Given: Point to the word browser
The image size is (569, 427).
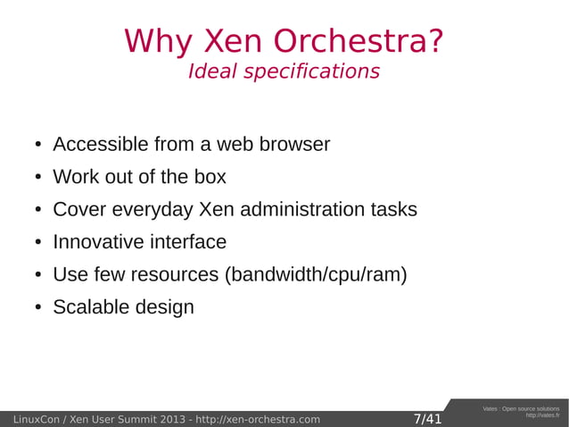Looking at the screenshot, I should [x=295, y=144].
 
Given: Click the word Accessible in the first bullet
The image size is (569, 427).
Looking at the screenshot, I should [x=100, y=144].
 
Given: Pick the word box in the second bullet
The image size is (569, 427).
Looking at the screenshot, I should [x=210, y=177].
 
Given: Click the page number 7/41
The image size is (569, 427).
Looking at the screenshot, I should [x=427, y=419].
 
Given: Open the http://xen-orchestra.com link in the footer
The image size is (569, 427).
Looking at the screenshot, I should [x=257, y=419].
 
